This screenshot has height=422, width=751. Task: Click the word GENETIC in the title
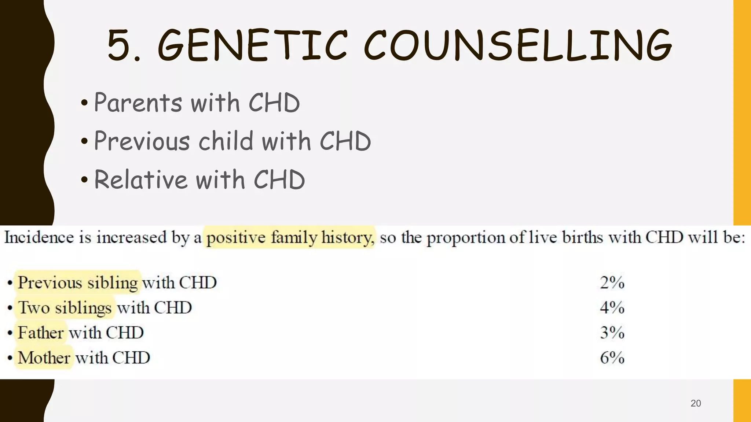tap(252, 45)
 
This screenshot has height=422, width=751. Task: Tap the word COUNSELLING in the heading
tap(517, 45)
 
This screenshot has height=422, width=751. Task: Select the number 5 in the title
tap(120, 45)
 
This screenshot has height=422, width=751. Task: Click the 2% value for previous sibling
tap(612, 283)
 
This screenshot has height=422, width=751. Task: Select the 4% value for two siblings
tap(612, 308)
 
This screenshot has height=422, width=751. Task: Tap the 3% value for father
tap(612, 333)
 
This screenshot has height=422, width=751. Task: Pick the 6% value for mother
tap(612, 358)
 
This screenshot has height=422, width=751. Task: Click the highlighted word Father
tap(41, 333)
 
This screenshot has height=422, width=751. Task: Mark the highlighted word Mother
tap(44, 358)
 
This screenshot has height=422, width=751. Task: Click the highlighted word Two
tap(34, 308)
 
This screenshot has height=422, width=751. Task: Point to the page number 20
tap(696, 403)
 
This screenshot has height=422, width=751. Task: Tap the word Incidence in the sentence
tap(39, 237)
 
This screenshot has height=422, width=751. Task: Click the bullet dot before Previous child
tap(84, 141)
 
